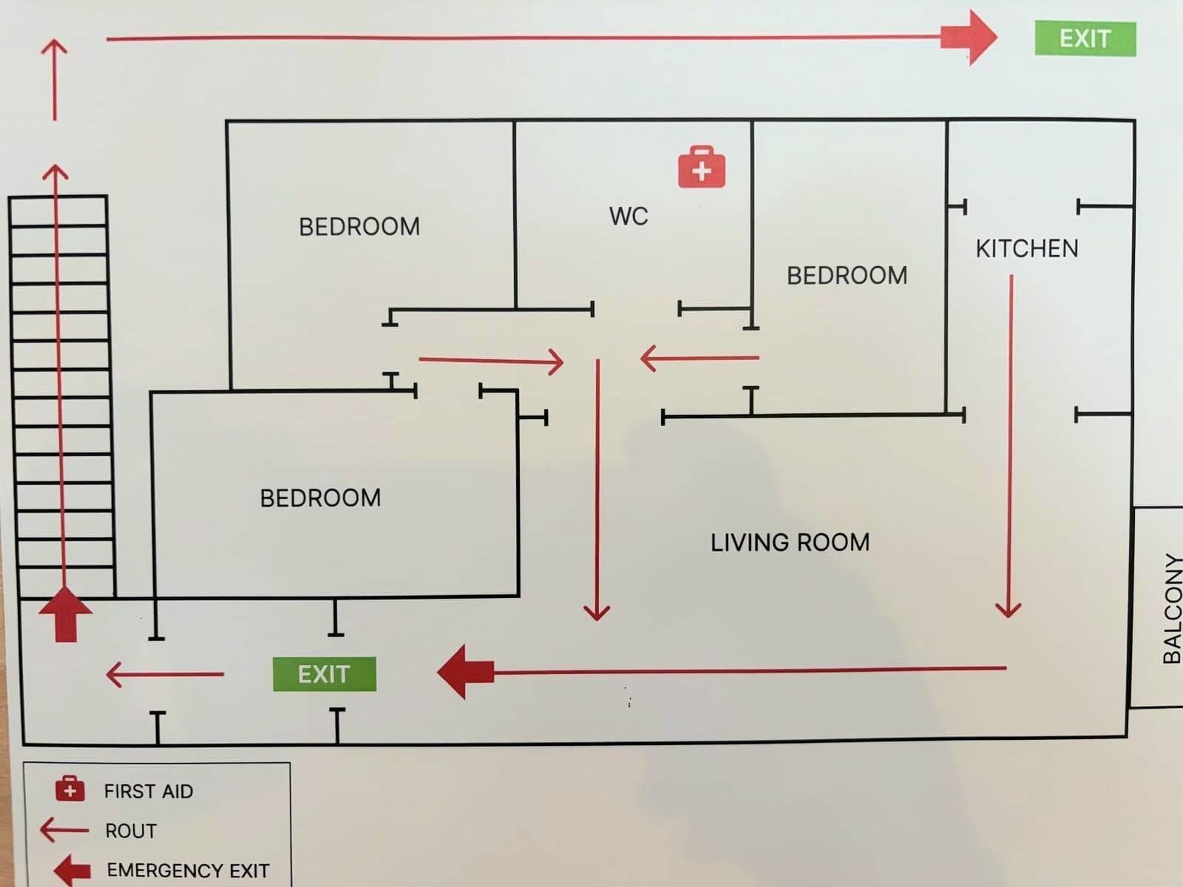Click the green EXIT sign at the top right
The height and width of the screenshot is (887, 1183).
tap(1085, 38)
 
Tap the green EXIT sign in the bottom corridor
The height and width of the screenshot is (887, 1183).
tap(324, 674)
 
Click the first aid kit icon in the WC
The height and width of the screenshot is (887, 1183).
tap(701, 167)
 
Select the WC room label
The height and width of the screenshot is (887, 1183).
tap(628, 217)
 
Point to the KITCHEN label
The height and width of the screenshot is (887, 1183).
tap(1027, 248)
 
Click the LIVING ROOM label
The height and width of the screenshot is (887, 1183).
tap(790, 543)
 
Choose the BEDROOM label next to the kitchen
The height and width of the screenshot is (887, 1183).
tap(847, 276)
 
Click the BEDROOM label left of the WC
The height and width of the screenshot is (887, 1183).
tap(359, 226)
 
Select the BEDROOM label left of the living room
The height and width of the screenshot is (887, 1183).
tap(320, 498)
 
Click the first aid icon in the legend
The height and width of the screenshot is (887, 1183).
tap(70, 789)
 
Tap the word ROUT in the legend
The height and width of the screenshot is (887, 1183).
tap(131, 831)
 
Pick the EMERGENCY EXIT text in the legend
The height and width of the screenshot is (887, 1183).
tap(188, 870)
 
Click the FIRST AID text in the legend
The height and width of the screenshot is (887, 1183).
tap(149, 791)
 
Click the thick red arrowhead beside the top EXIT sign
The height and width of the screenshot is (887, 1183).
tap(972, 37)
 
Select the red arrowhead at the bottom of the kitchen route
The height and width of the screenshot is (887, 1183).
tap(1008, 608)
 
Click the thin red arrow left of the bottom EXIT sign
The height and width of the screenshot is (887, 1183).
tap(164, 674)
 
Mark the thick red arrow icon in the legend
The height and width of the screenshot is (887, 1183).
tap(72, 870)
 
